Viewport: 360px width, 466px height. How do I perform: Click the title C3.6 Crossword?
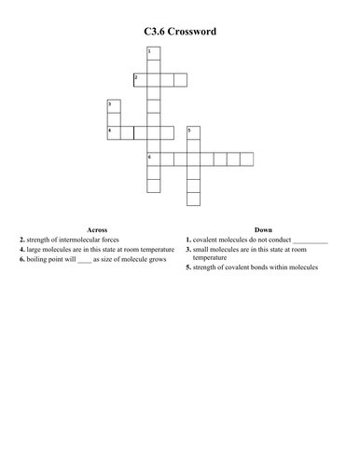click(x=180, y=31)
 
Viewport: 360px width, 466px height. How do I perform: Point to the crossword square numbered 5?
click(x=193, y=132)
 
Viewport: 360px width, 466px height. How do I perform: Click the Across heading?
click(x=97, y=229)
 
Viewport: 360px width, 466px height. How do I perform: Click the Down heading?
click(x=263, y=229)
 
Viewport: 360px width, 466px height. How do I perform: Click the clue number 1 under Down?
click(x=188, y=240)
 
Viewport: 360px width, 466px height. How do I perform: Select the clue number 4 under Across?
click(x=21, y=250)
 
